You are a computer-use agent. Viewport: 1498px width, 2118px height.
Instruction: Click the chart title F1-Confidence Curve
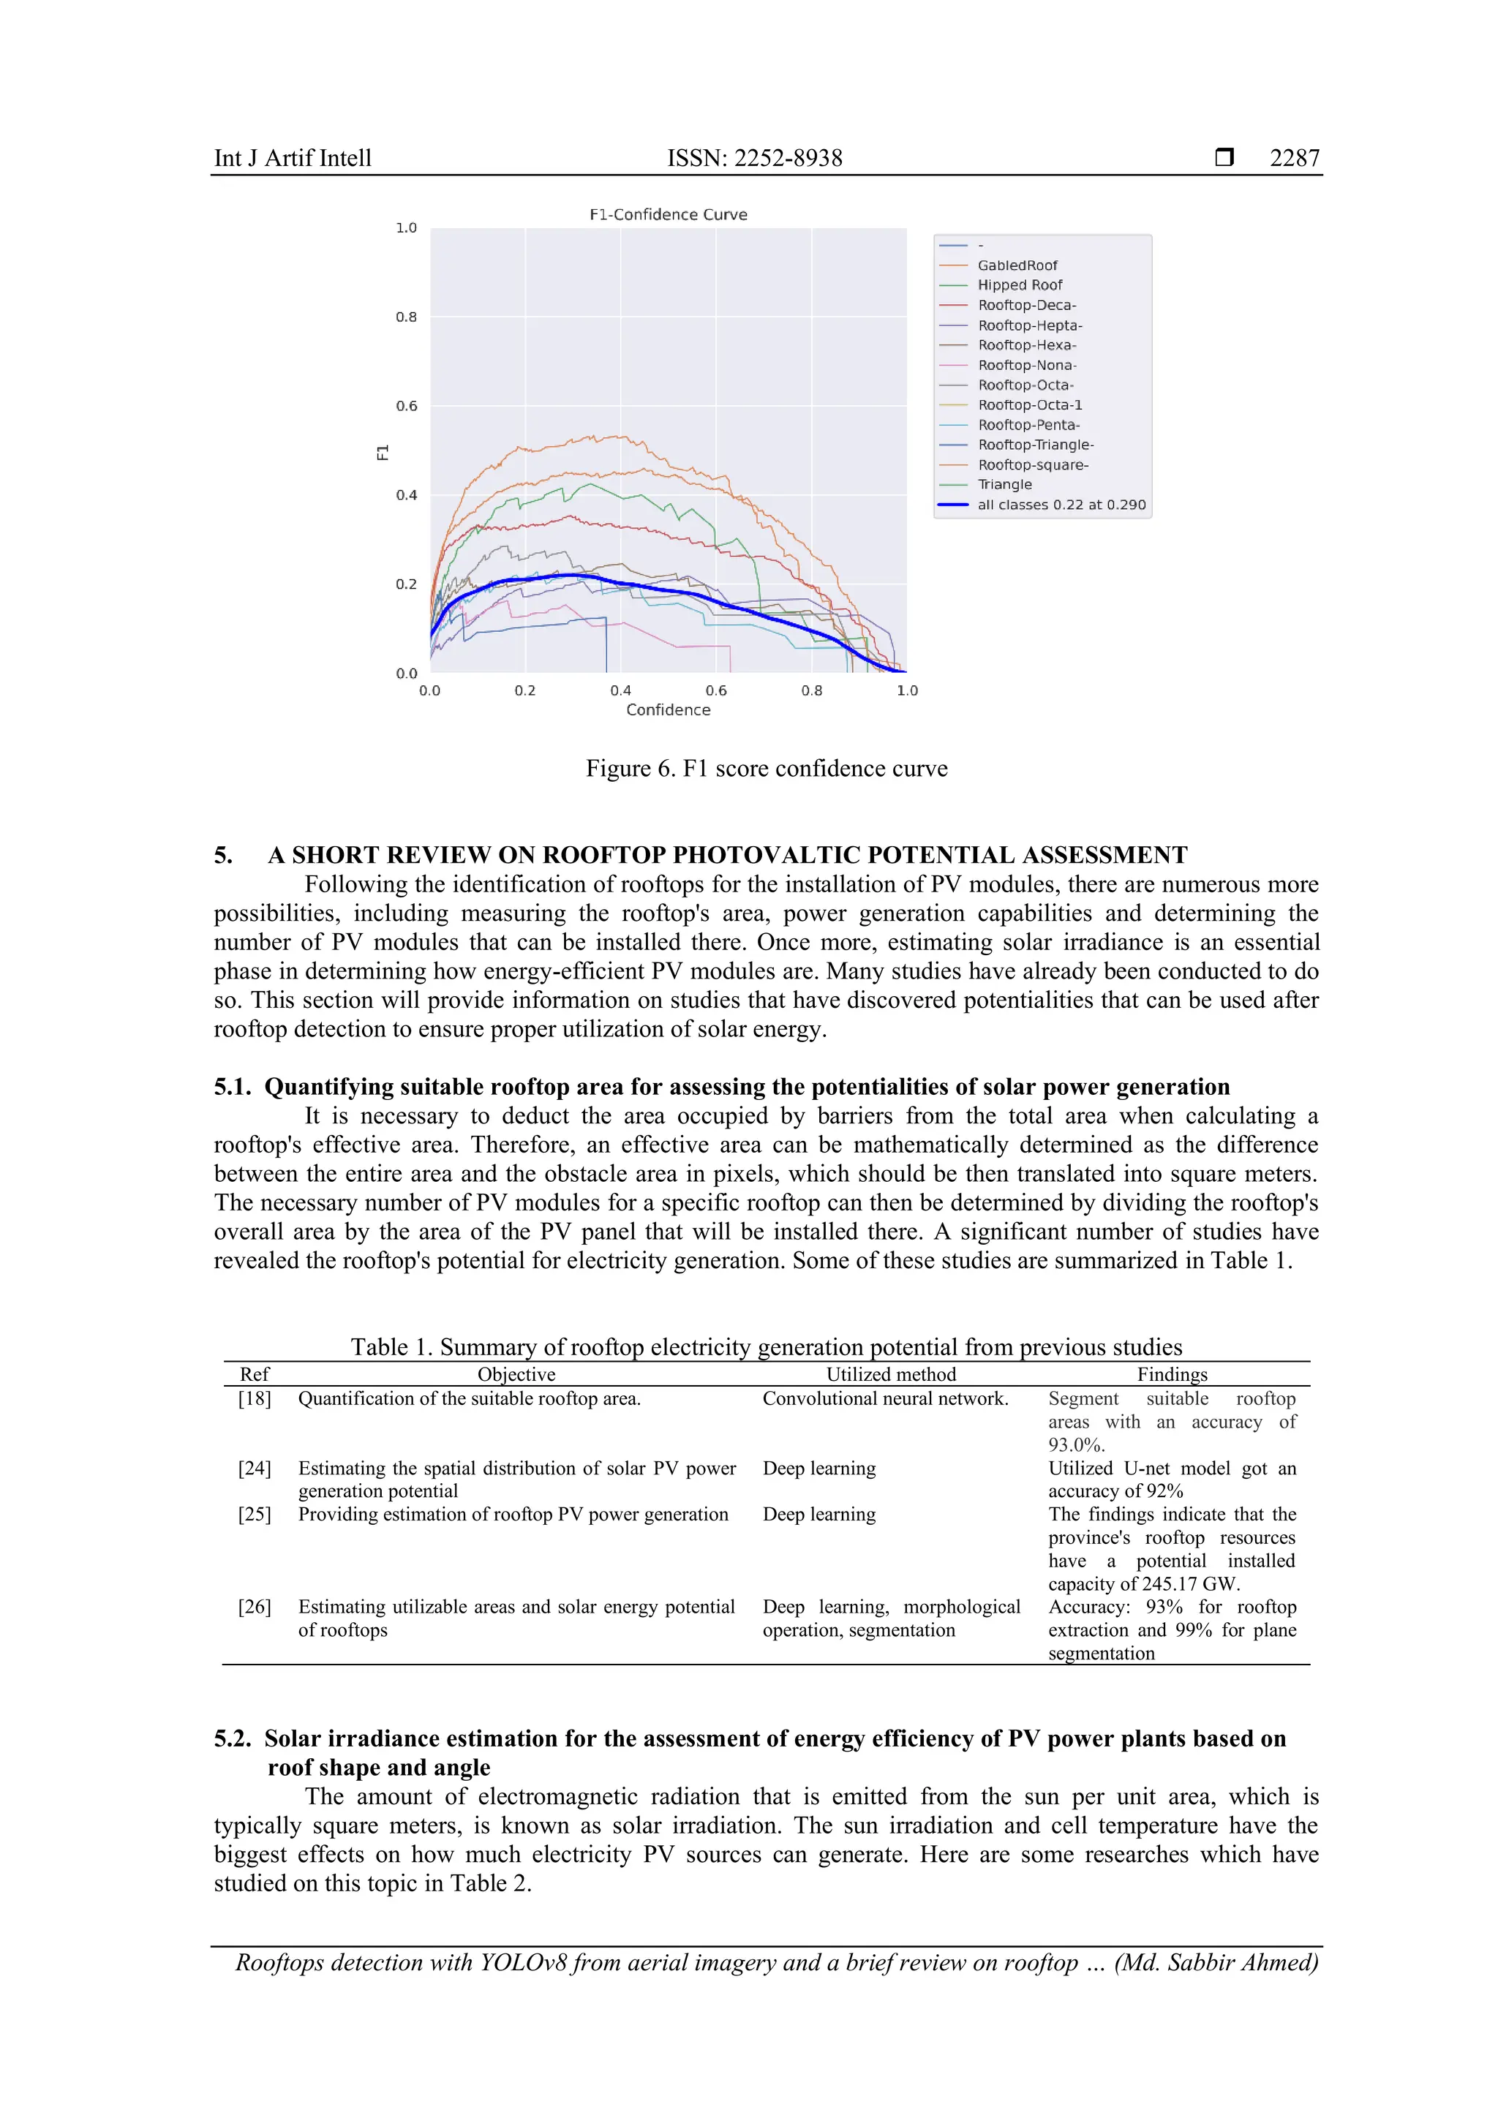pyautogui.click(x=668, y=214)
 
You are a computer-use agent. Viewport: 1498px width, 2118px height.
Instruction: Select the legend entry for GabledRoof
pyautogui.click(x=1017, y=265)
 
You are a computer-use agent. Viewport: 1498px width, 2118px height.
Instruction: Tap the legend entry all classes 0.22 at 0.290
pyautogui.click(x=1061, y=505)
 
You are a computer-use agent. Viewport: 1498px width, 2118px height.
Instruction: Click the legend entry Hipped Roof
pyautogui.click(x=1019, y=285)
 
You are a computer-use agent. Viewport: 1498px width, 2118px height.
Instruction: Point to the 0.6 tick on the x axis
pyautogui.click(x=716, y=690)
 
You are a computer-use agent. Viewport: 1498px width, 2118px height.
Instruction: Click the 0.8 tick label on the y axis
pyautogui.click(x=406, y=317)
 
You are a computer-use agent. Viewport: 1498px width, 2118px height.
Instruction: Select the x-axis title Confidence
pyautogui.click(x=668, y=709)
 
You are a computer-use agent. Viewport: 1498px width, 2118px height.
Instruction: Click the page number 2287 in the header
pyautogui.click(x=1294, y=158)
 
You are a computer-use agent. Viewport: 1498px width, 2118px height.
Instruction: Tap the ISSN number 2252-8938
pyautogui.click(x=788, y=158)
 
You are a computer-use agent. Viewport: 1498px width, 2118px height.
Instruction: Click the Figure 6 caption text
pyautogui.click(x=766, y=769)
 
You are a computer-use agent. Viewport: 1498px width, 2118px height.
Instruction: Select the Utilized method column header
pyautogui.click(x=890, y=1374)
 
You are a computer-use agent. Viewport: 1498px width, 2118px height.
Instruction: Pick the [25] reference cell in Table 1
pyautogui.click(x=255, y=1515)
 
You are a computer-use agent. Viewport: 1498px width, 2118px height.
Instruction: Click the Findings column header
pyautogui.click(x=1172, y=1374)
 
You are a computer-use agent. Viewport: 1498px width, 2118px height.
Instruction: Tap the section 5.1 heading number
pyautogui.click(x=232, y=1087)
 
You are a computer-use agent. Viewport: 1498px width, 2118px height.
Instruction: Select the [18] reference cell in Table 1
pyautogui.click(x=255, y=1398)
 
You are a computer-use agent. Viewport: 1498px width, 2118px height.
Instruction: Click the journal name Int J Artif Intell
pyautogui.click(x=293, y=158)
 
